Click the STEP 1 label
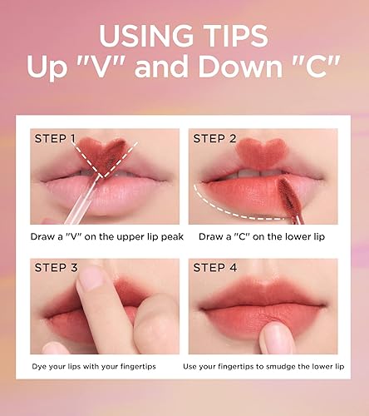(55, 138)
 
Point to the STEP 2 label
(214, 138)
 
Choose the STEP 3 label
(55, 268)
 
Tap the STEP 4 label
(214, 268)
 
